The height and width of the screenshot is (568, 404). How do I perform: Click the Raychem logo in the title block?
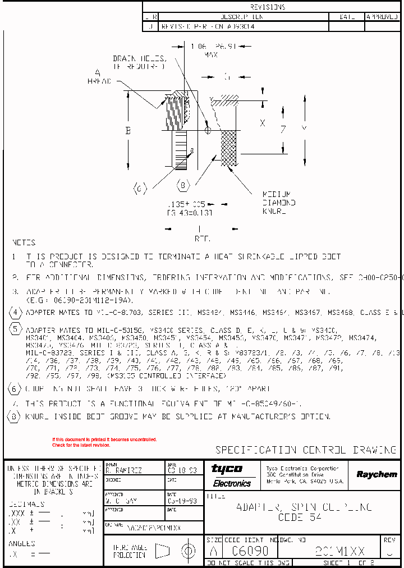377,474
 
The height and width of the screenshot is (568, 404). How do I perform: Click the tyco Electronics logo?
232,475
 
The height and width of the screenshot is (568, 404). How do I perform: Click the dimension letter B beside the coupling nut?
128,131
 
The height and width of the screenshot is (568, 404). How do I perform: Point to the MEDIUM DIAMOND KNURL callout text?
278,203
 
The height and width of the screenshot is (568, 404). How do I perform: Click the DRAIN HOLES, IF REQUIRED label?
140,62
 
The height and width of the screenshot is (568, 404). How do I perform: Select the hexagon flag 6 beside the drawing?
140,187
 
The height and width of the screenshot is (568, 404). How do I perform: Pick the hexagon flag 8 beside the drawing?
183,185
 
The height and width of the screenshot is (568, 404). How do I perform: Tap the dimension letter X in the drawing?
262,123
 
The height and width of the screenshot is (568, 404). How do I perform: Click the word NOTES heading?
24,243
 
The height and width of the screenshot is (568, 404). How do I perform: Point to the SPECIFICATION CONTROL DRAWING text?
306,450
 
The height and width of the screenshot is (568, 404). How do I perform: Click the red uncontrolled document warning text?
104,442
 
